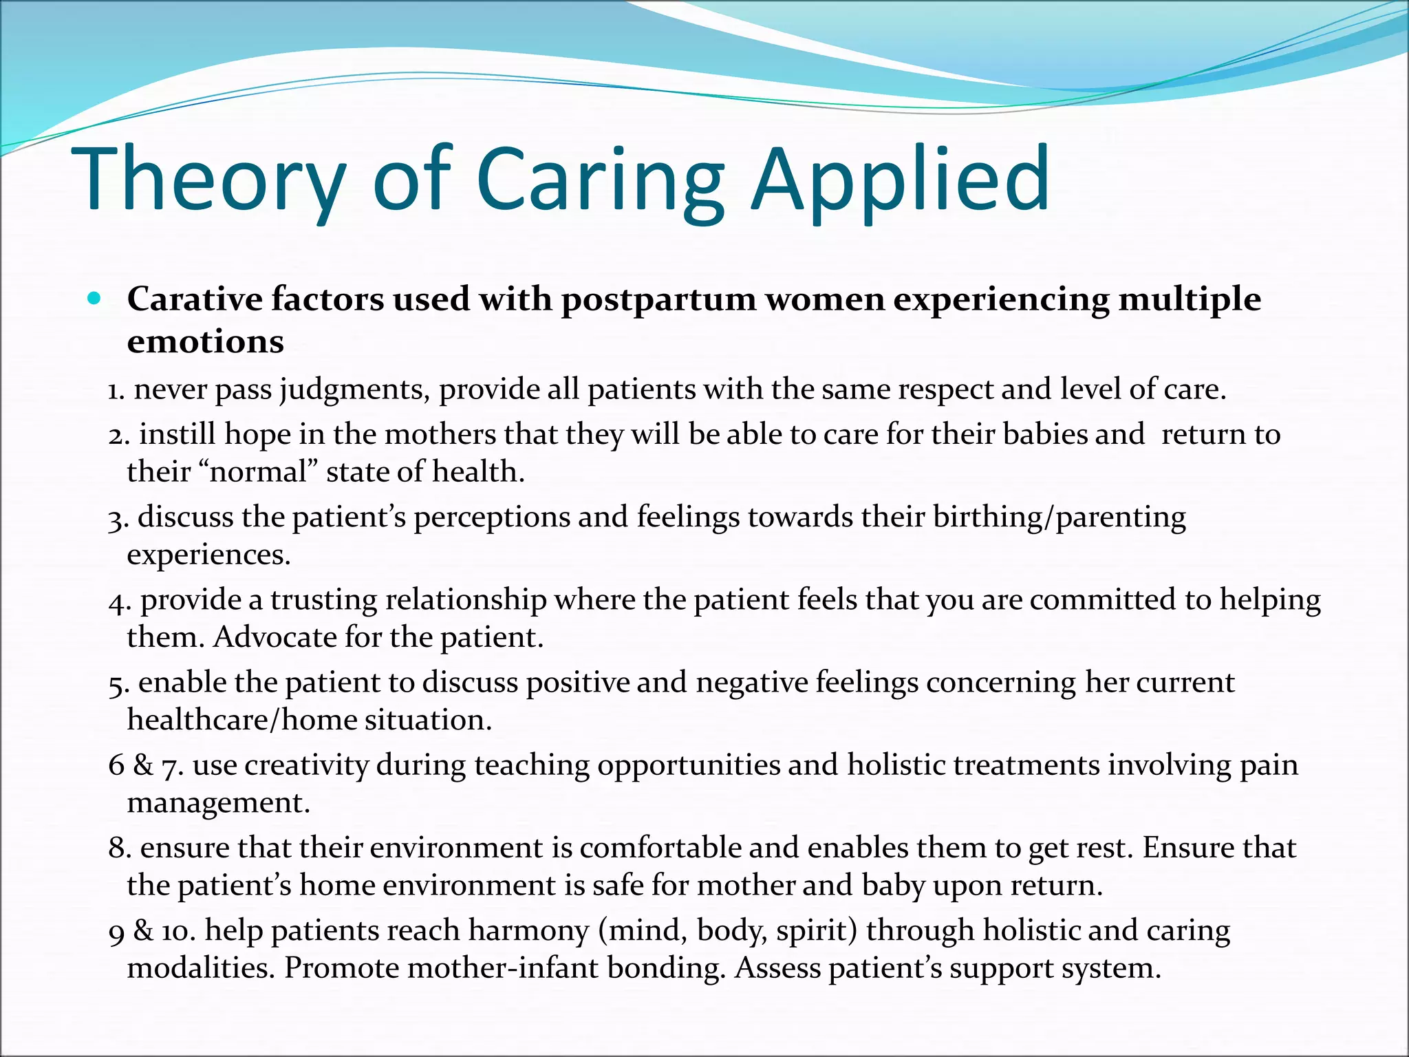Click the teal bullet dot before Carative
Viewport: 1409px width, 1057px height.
95,299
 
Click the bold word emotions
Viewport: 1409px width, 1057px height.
205,342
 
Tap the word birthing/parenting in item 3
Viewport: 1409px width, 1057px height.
1059,517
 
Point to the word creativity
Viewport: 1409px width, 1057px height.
306,765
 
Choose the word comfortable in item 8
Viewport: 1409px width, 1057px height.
660,848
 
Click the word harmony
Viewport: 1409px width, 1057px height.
528,931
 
